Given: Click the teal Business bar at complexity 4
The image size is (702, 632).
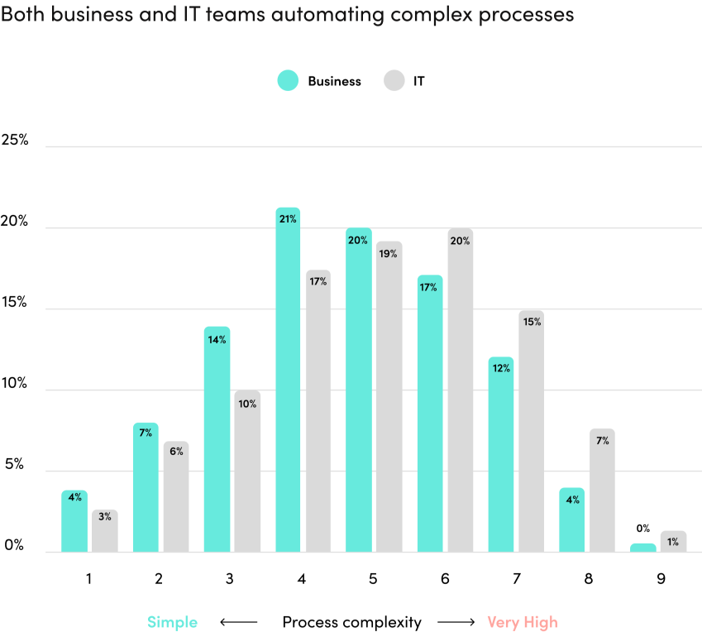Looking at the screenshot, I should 288,381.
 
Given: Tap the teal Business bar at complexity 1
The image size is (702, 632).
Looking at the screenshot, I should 74,522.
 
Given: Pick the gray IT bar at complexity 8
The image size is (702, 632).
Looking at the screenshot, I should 602,491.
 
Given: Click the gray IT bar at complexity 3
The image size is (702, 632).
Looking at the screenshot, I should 247,472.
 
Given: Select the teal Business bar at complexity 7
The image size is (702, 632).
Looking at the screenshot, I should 500,455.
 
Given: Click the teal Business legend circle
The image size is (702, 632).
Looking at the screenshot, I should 288,81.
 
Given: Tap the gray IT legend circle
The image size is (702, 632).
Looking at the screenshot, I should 394,81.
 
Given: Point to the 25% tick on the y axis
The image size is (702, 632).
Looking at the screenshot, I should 14,141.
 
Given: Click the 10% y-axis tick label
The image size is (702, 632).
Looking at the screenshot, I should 14,384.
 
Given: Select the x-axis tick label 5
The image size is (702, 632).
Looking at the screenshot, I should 373,579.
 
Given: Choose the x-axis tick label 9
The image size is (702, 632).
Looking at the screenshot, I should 661,579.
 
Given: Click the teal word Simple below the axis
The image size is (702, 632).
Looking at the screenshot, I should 172,622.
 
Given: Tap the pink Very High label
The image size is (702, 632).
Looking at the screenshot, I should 523,622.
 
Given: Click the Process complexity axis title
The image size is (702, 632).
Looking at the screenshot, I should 351,622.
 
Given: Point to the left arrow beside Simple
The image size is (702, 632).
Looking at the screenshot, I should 239,622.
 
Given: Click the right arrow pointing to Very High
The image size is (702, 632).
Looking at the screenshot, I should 455,622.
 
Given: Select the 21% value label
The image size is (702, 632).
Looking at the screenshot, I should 287,219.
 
